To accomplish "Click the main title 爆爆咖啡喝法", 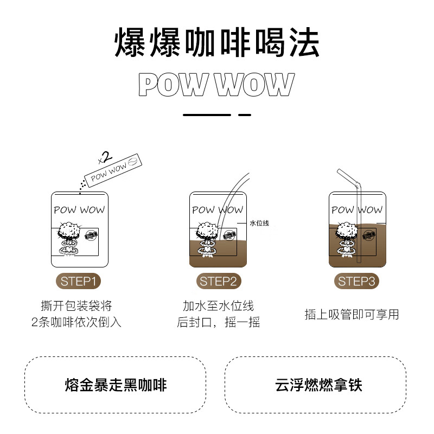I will (x=217, y=43).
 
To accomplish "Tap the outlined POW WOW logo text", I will (x=216, y=85).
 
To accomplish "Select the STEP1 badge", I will (x=79, y=282).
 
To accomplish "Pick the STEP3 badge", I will (x=357, y=282).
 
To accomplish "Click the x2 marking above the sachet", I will (x=105, y=158).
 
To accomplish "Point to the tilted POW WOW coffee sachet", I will (x=114, y=170).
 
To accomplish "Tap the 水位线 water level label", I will (x=259, y=222).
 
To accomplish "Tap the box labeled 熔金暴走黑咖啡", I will (x=116, y=385).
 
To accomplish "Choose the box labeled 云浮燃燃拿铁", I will (x=315, y=385).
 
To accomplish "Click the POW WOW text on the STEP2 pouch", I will (x=218, y=209).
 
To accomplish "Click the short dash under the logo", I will (x=245, y=115).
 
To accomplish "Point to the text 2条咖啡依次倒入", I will (x=76, y=322).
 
